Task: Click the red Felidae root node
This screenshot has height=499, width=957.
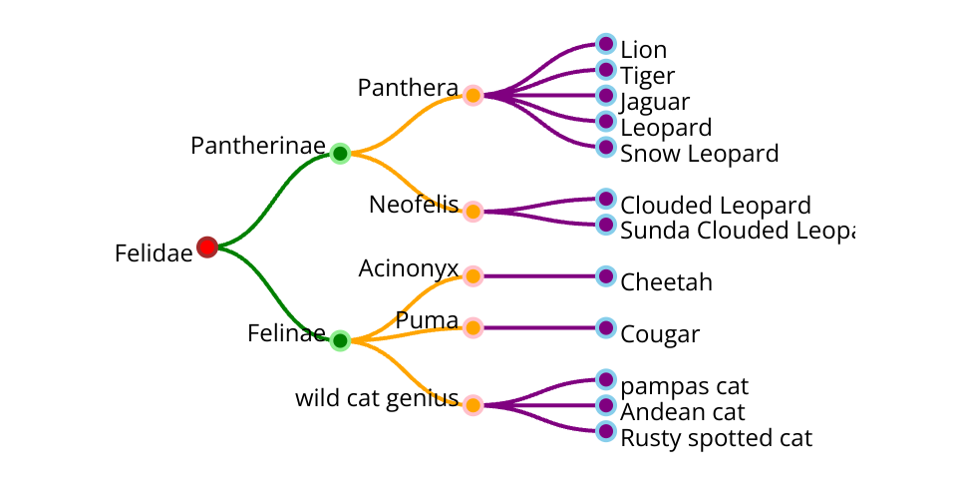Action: click(x=207, y=247)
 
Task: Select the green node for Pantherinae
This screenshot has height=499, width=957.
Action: click(x=340, y=154)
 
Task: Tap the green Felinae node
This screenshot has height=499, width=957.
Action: click(x=340, y=340)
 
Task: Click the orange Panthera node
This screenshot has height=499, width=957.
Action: click(x=474, y=96)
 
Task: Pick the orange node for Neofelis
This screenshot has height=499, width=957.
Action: click(x=474, y=212)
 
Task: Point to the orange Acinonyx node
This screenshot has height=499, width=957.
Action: click(x=474, y=275)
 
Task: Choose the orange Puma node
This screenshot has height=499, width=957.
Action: click(x=474, y=327)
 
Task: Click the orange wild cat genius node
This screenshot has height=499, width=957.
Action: click(x=474, y=405)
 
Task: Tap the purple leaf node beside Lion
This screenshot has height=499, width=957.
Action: click(x=605, y=44)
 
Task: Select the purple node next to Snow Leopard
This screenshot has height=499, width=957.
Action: click(x=605, y=148)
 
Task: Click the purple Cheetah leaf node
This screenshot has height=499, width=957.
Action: click(x=605, y=275)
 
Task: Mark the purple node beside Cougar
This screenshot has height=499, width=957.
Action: click(x=605, y=327)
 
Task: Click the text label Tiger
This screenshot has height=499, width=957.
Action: click(x=647, y=76)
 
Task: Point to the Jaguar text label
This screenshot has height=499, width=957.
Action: click(x=655, y=102)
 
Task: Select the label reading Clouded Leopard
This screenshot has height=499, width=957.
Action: click(x=715, y=206)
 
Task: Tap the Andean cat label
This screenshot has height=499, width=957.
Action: click(x=682, y=412)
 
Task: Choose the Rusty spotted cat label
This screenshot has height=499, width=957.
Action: click(x=716, y=438)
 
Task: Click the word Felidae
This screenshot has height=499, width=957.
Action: click(x=154, y=253)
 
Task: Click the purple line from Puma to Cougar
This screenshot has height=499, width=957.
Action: click(x=538, y=327)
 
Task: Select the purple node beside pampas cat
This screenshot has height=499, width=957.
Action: click(x=605, y=379)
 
